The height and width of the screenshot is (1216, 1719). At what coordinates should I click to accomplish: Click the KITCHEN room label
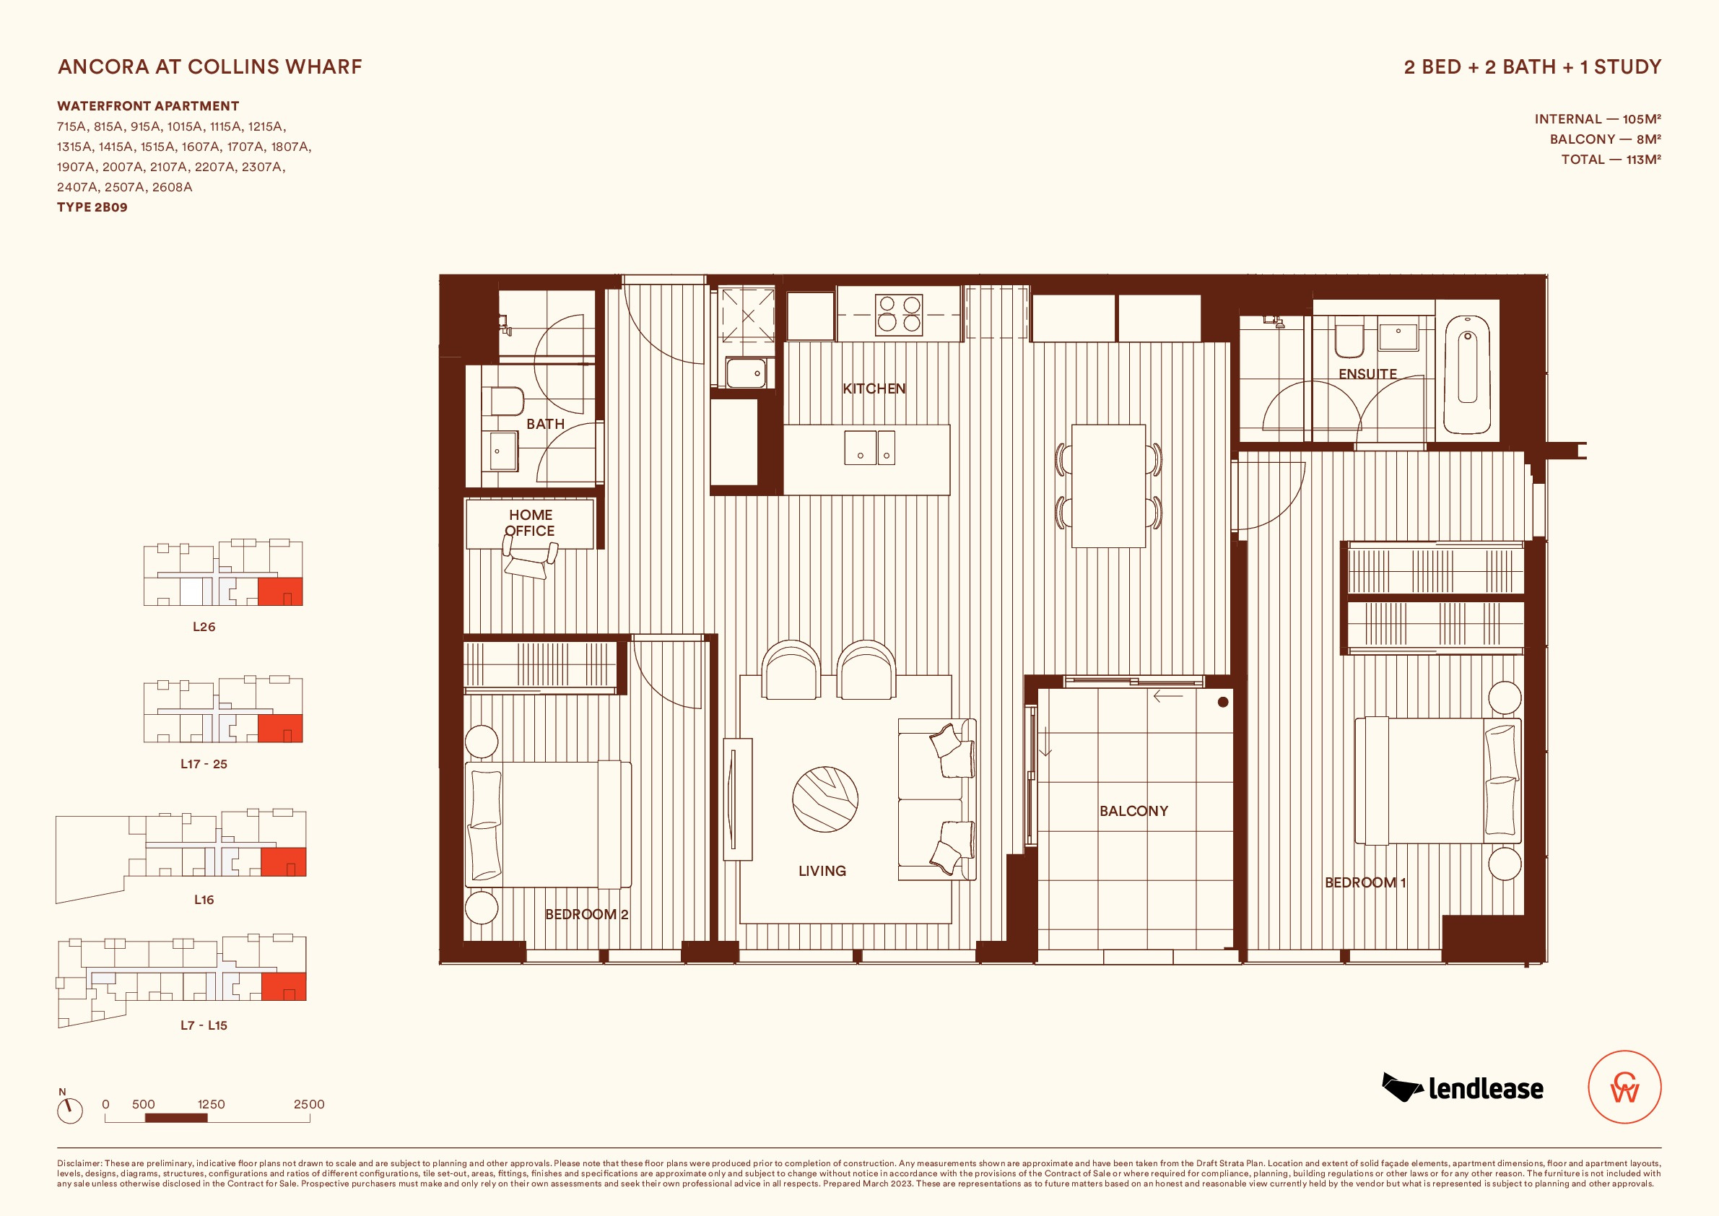point(874,388)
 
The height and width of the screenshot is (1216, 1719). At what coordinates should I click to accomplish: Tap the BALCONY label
point(1133,811)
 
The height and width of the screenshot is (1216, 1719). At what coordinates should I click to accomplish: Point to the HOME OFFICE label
point(530,523)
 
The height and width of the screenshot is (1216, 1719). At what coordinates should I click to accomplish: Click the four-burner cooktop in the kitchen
point(899,315)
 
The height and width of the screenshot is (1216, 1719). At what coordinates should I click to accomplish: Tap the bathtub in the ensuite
point(1468,374)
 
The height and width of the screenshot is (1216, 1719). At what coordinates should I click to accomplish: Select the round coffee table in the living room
point(825,799)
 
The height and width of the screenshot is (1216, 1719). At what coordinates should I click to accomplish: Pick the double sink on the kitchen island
point(869,448)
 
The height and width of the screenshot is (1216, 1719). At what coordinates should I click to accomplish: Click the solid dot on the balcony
point(1222,703)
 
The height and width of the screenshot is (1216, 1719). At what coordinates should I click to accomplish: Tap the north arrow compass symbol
point(69,1110)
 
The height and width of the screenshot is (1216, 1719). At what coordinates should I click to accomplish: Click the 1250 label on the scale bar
point(211,1104)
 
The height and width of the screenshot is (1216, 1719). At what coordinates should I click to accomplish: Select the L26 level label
point(204,627)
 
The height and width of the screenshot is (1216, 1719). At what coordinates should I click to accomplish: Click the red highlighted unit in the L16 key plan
point(283,862)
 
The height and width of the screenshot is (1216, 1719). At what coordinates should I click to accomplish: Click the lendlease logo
point(1463,1088)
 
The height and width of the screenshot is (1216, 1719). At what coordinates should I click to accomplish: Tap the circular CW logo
point(1624,1087)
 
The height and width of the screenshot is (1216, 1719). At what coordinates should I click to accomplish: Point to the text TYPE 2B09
point(92,207)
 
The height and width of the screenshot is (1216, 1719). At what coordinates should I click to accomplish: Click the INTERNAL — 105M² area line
point(1598,119)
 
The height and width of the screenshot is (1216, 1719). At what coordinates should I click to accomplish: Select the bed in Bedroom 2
point(548,825)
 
